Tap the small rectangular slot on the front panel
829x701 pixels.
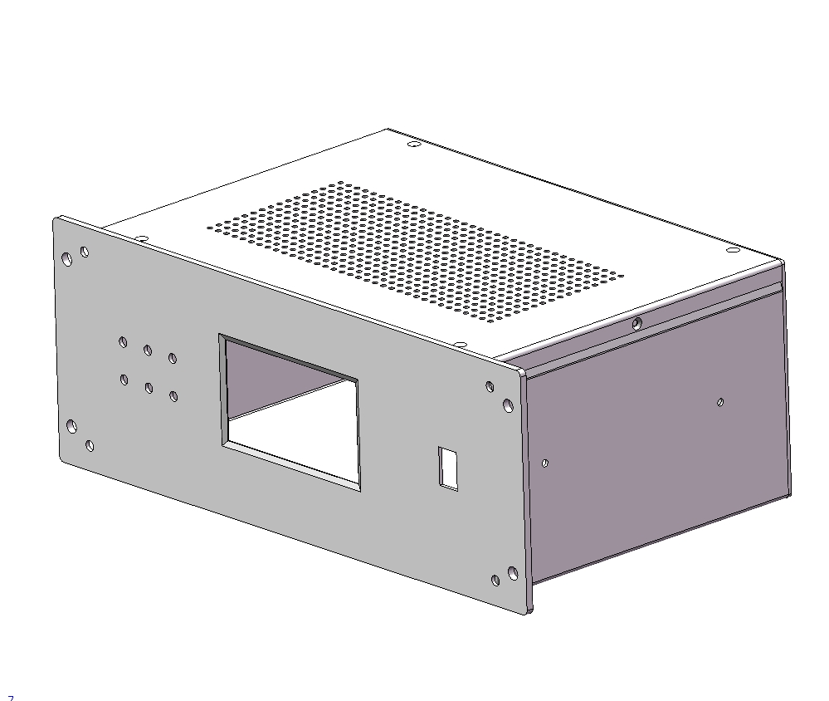(x=449, y=468)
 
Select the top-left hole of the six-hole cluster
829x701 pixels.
(x=124, y=341)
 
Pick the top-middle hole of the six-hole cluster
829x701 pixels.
(x=148, y=350)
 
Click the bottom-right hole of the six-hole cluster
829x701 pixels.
(x=173, y=396)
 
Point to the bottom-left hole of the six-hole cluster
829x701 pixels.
(x=124, y=380)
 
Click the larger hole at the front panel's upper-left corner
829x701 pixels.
(x=67, y=259)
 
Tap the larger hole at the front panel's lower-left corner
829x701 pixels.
(x=72, y=426)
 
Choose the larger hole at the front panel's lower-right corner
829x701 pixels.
(x=512, y=573)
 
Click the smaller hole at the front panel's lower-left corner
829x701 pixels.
(x=90, y=446)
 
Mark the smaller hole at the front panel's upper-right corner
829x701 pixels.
(x=490, y=386)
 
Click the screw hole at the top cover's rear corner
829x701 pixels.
(x=414, y=145)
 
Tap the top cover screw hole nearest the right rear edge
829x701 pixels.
(x=732, y=250)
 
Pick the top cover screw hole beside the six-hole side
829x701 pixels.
(x=142, y=239)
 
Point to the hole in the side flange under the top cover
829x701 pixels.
(x=636, y=323)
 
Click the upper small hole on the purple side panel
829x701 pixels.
(x=720, y=402)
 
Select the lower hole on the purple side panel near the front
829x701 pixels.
(x=544, y=463)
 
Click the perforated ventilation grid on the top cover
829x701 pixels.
(x=415, y=249)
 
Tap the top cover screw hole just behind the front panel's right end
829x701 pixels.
(x=459, y=344)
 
